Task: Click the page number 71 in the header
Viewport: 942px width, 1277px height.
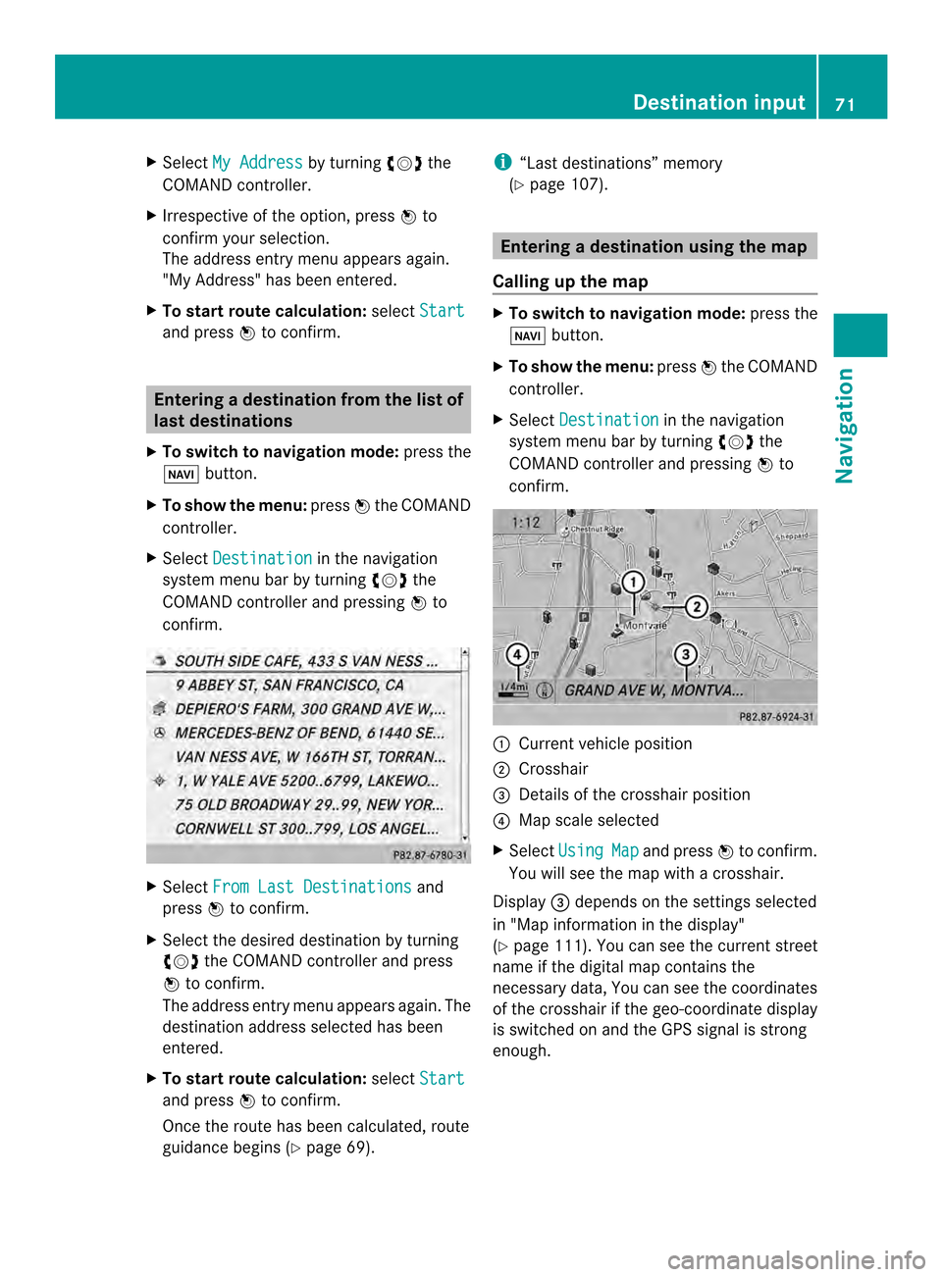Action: pyautogui.click(x=845, y=104)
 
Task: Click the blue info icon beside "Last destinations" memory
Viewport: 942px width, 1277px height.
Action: pyautogui.click(x=502, y=162)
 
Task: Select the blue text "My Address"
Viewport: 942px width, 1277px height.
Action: pyautogui.click(x=257, y=162)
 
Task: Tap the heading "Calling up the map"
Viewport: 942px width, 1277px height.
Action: pyautogui.click(x=570, y=281)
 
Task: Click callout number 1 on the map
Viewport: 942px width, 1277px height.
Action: pyautogui.click(x=634, y=582)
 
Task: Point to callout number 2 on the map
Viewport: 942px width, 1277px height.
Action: pyautogui.click(x=697, y=606)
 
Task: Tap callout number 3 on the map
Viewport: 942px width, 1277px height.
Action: pyautogui.click(x=686, y=654)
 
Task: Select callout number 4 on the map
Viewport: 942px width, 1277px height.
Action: pyautogui.click(x=516, y=654)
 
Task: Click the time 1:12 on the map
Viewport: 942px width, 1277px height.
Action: pyautogui.click(x=526, y=523)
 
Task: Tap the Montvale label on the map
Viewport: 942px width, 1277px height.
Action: pyautogui.click(x=646, y=625)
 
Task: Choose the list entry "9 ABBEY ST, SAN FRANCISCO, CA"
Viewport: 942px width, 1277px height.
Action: pyautogui.click(x=289, y=685)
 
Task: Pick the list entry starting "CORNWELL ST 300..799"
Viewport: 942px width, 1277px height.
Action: pyautogui.click(x=306, y=829)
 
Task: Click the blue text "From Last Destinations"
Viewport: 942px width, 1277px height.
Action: pyautogui.click(x=312, y=887)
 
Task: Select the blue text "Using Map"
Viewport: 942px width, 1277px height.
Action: pyautogui.click(x=599, y=850)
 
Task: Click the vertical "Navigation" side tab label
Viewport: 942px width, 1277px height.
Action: pyautogui.click(x=845, y=426)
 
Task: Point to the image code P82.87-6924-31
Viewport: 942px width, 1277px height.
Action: pyautogui.click(x=776, y=717)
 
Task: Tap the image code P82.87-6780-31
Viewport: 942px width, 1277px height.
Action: pyautogui.click(x=430, y=855)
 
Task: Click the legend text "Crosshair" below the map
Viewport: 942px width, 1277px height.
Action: pyautogui.click(x=553, y=769)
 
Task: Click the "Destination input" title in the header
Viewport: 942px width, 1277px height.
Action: pyautogui.click(x=718, y=102)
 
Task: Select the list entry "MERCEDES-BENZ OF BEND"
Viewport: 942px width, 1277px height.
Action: pyautogui.click(x=309, y=733)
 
